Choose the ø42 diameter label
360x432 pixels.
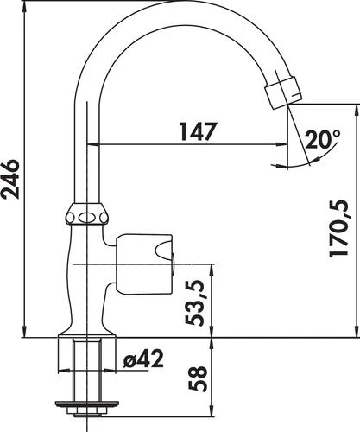142,357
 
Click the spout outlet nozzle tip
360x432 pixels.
287,90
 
